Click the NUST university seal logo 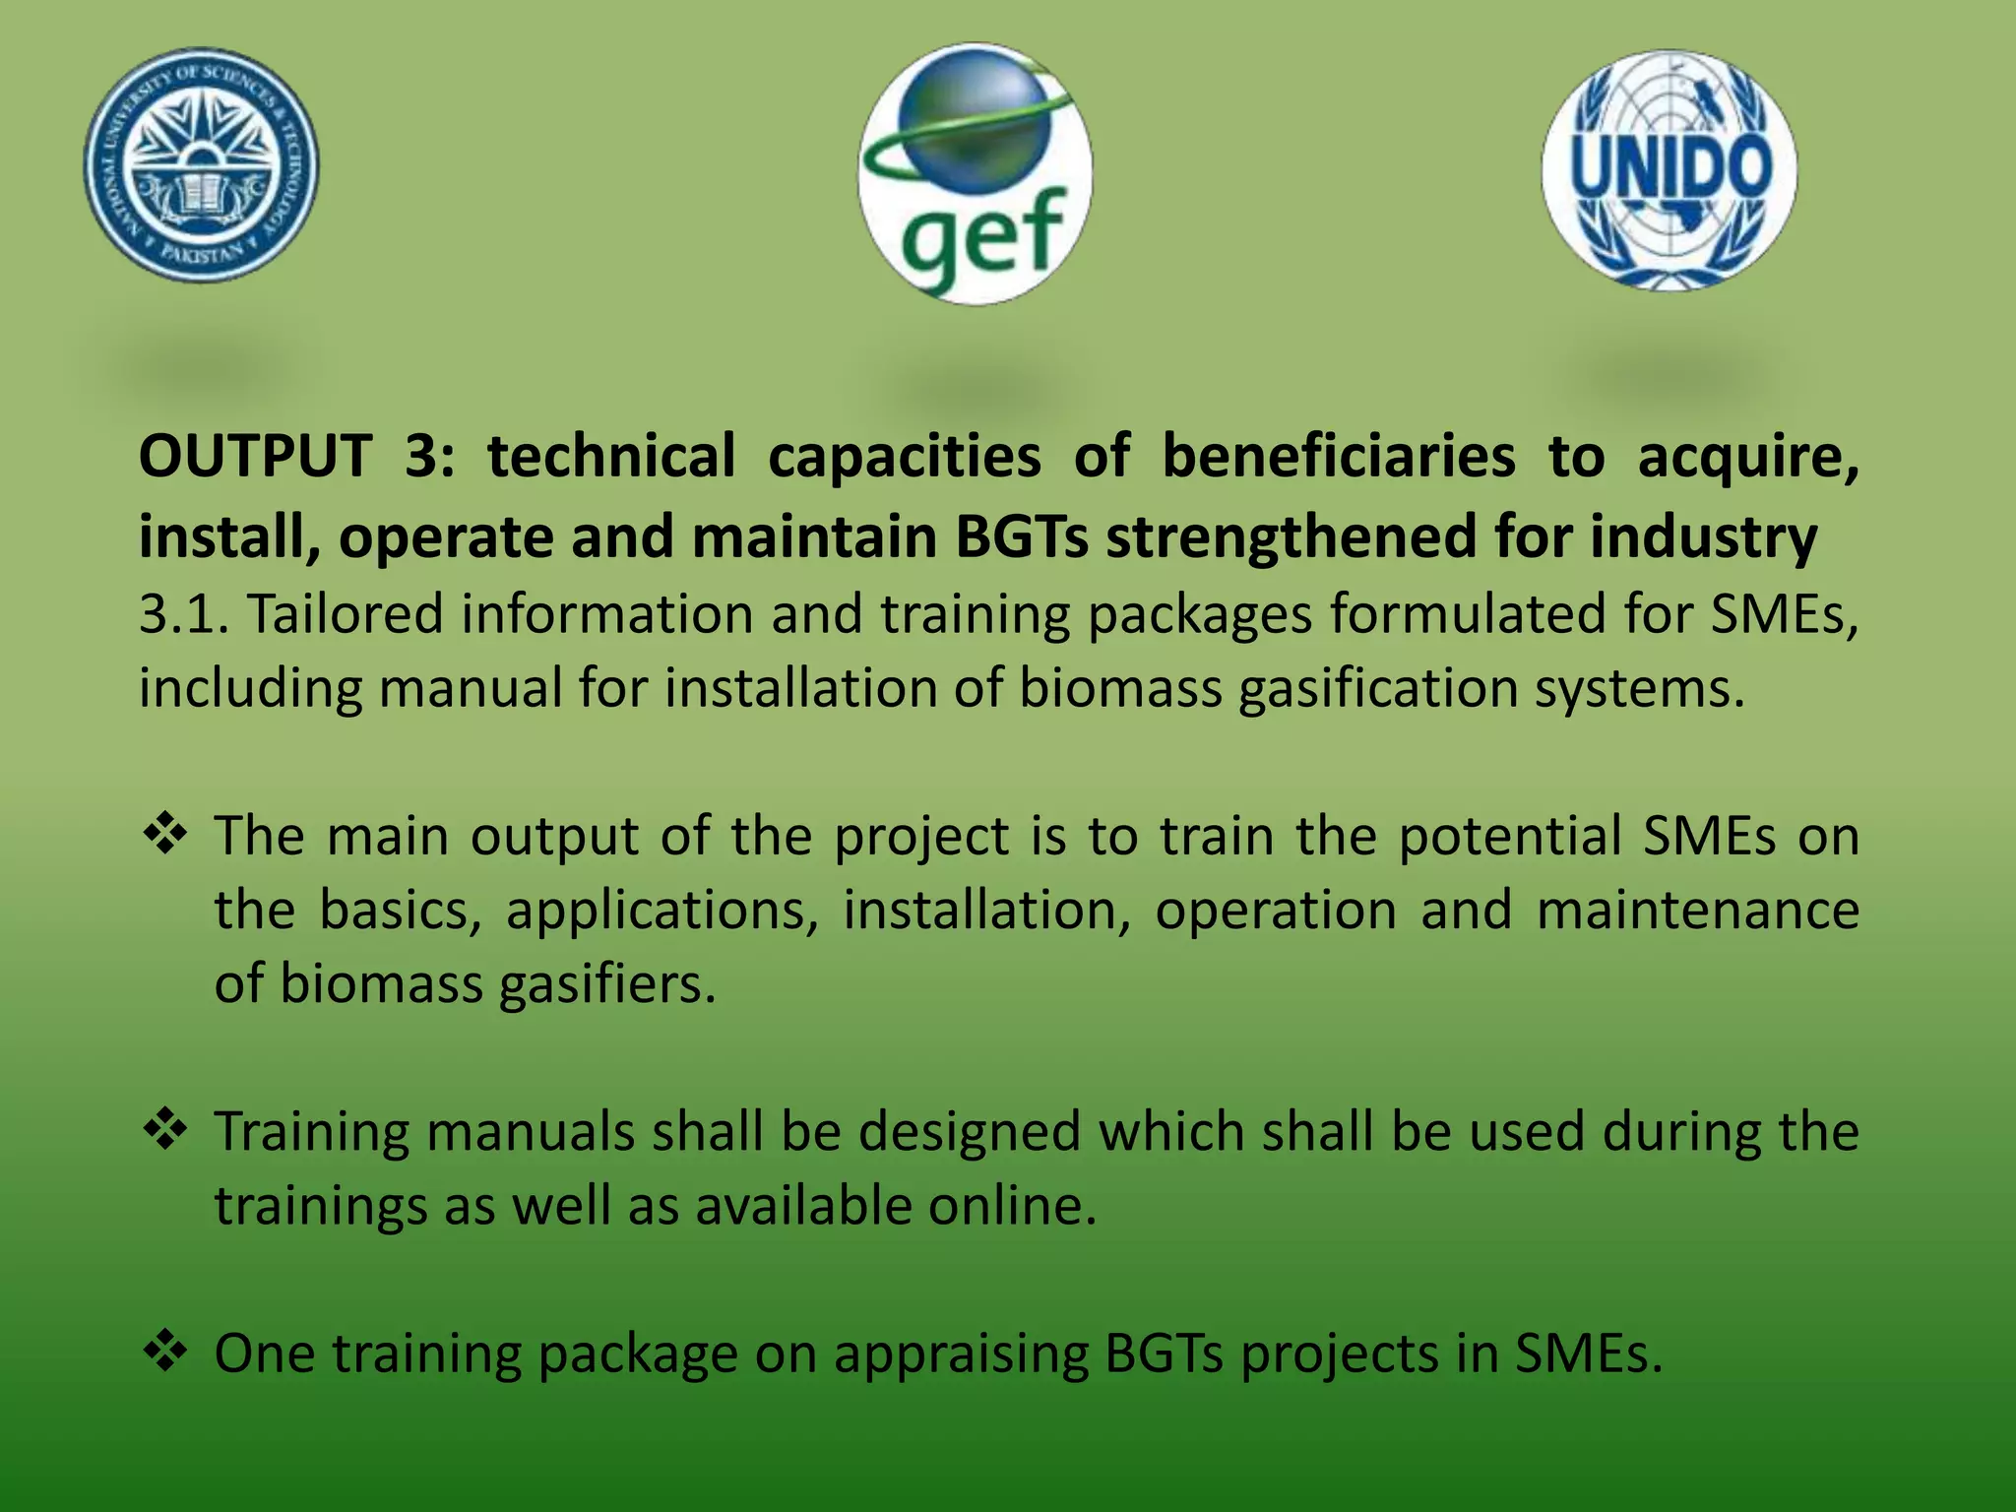(201, 164)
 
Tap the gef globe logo (975, 173)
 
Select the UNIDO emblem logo (1669, 170)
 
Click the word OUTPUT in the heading (255, 457)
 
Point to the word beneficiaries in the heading (1338, 457)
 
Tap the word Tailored (345, 614)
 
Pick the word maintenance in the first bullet (1697, 910)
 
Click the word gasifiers (607, 983)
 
